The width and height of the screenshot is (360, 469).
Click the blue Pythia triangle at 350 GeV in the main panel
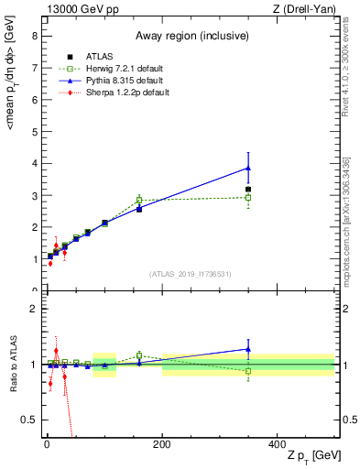[x=248, y=168]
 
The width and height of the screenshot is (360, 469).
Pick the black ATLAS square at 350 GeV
[x=248, y=190]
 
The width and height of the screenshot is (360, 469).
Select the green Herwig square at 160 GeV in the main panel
[x=139, y=199]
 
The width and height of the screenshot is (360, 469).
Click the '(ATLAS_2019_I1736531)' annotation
[x=191, y=274]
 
